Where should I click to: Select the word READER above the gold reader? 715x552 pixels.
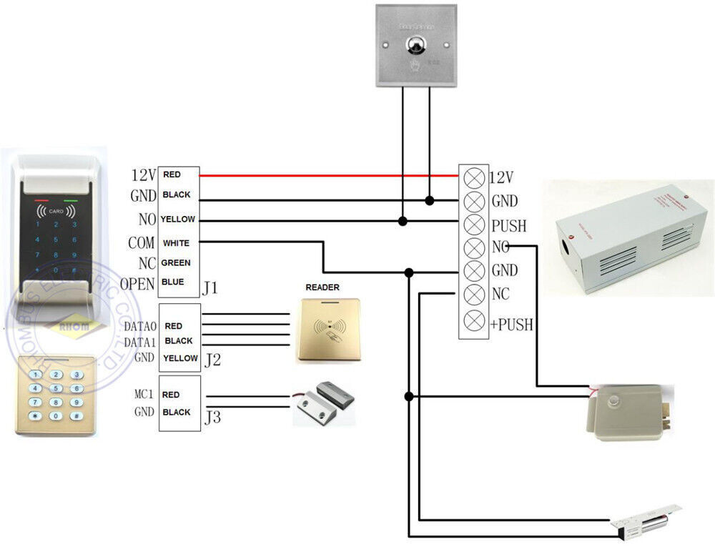tap(322, 287)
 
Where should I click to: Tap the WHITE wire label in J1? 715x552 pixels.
tap(176, 243)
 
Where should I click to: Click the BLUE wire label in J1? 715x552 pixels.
tap(173, 282)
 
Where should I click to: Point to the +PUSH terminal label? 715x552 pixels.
tap(512, 324)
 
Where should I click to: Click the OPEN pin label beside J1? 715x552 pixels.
tap(137, 284)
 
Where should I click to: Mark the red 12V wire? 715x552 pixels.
tap(329, 175)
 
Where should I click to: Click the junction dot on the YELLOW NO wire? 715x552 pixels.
tap(403, 222)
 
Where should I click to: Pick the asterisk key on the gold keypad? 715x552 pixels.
tap(33, 415)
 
